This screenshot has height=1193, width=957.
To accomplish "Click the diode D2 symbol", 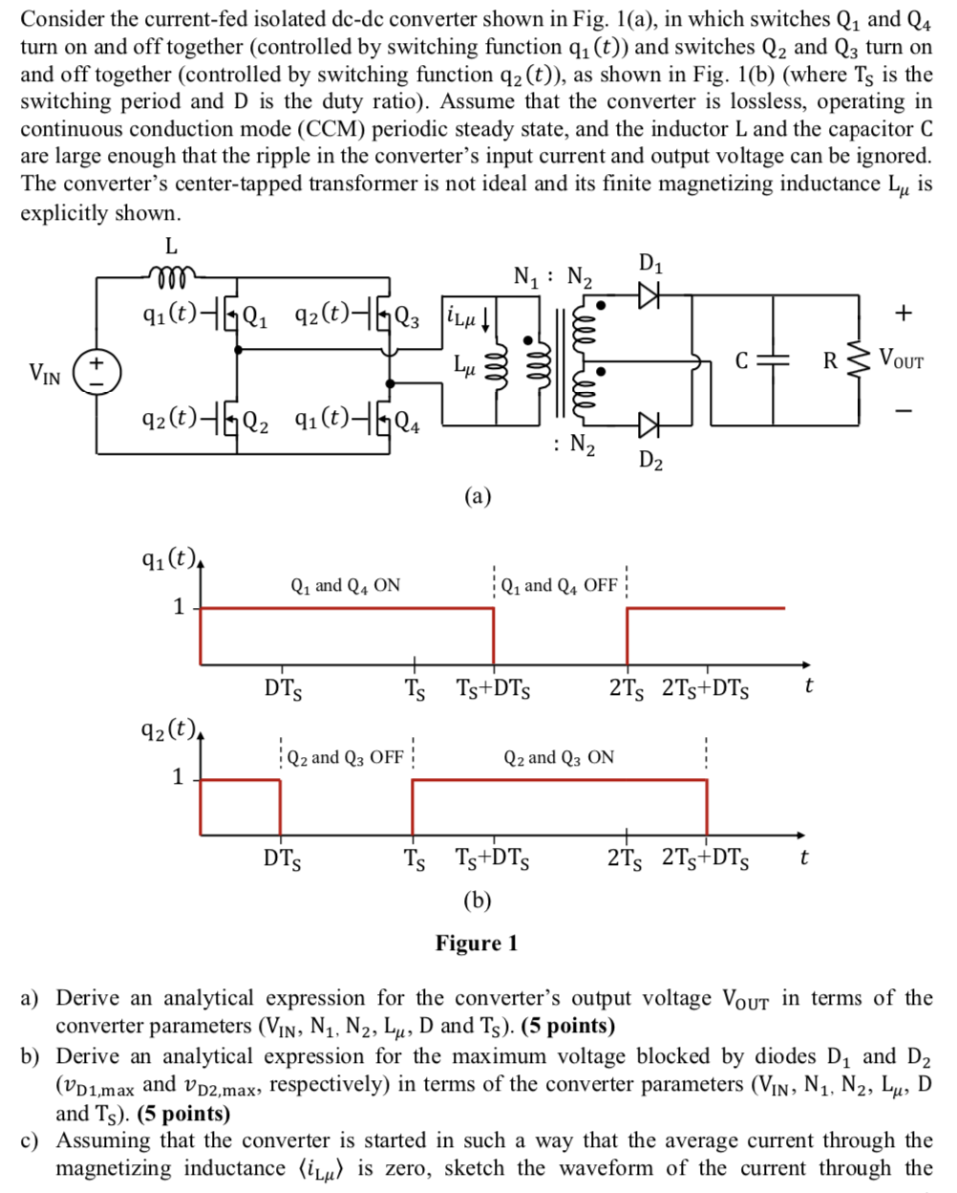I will (649, 423).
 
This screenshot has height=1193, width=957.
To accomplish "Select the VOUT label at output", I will (902, 360).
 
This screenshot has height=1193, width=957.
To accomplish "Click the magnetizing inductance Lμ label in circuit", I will (465, 364).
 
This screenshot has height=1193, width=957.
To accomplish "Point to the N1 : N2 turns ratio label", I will (552, 277).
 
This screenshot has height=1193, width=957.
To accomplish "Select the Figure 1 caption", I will (477, 944).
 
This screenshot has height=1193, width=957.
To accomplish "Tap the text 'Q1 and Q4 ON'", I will (345, 585).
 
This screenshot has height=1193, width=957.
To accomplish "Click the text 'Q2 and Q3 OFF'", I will (345, 757).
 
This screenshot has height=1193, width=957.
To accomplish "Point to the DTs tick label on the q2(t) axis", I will (283, 857).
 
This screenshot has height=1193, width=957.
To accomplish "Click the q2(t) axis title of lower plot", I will (169, 731).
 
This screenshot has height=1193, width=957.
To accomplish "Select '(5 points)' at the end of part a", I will (558, 1026).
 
